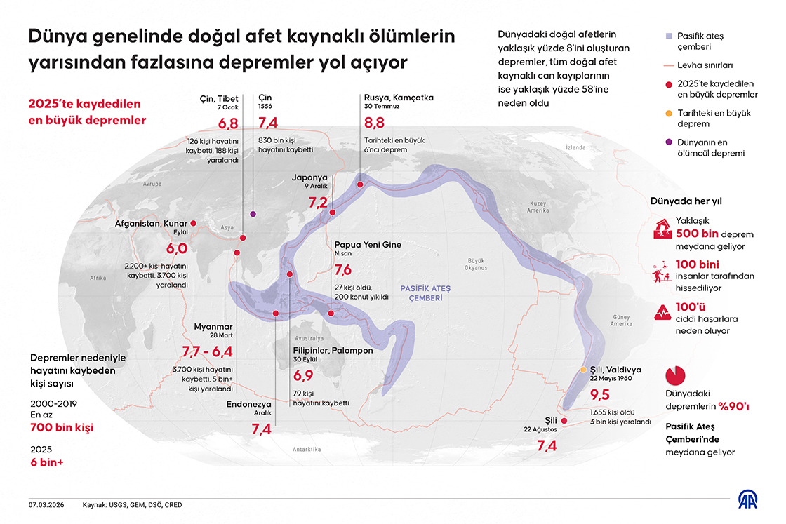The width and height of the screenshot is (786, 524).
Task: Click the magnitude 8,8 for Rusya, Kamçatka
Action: (375, 123)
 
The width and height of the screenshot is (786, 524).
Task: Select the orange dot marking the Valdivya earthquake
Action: (583, 370)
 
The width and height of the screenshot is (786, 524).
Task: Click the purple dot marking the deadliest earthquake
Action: (253, 214)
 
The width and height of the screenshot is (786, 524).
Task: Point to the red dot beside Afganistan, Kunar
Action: (194, 224)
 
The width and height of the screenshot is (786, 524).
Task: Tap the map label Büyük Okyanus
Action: (475, 263)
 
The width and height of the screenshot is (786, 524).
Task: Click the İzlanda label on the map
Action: (575, 148)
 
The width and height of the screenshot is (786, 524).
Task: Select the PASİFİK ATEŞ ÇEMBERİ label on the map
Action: (426, 293)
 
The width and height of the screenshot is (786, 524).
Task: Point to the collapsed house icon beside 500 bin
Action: (661, 228)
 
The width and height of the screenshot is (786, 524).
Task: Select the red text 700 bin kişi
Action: (61, 427)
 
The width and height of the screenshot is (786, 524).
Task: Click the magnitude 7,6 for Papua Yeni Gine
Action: (343, 270)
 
